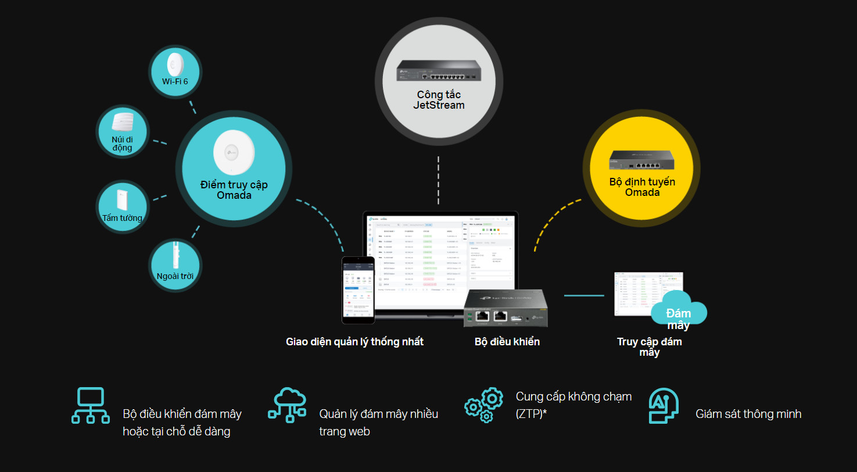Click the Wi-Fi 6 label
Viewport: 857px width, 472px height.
click(175, 82)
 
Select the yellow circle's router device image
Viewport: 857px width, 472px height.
click(641, 159)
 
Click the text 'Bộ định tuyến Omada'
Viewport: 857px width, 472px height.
click(642, 187)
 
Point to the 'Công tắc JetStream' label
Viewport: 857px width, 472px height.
click(439, 100)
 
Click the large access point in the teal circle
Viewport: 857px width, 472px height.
click(233, 153)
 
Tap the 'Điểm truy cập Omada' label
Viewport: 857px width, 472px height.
click(234, 190)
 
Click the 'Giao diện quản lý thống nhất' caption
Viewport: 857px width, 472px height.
click(354, 342)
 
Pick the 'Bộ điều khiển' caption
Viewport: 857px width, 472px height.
click(507, 342)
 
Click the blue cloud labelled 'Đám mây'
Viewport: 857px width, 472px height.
click(678, 314)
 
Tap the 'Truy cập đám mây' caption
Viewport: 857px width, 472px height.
click(649, 346)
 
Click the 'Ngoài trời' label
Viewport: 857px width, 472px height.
click(175, 276)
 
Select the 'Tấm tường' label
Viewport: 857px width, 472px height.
click(122, 218)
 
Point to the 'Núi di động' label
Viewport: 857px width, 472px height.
click(122, 143)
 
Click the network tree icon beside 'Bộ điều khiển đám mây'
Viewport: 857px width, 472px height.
click(90, 405)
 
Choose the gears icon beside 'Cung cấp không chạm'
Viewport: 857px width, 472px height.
click(483, 405)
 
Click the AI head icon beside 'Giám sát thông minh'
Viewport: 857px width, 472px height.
click(664, 405)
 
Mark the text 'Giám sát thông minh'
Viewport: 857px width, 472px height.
click(748, 414)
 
